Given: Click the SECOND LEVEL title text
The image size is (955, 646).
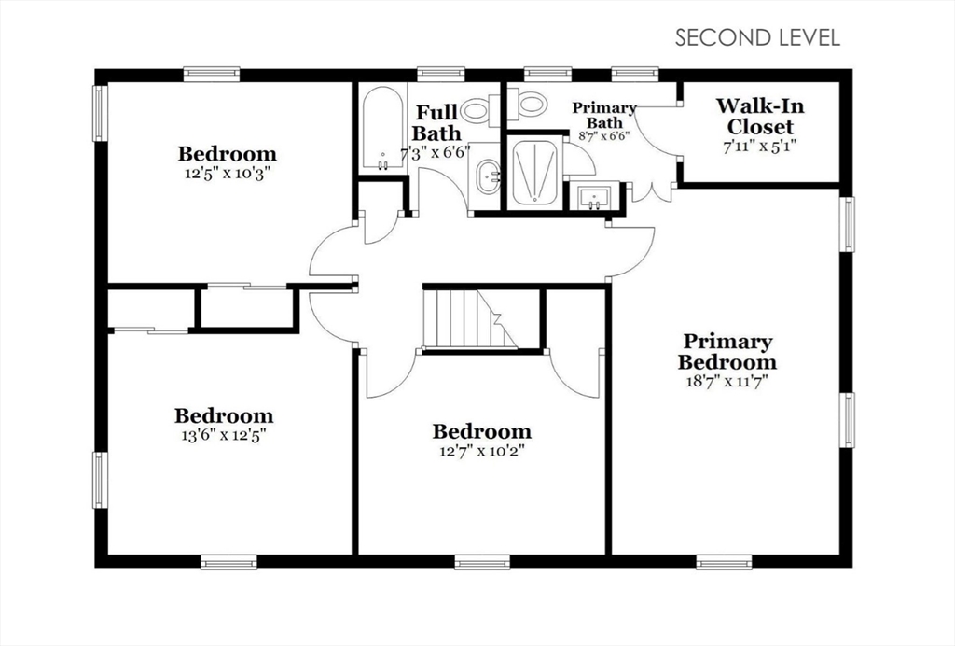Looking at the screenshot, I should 757,37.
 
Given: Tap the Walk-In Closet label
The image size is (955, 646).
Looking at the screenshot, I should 760,117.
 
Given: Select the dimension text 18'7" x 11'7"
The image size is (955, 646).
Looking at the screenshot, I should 727,381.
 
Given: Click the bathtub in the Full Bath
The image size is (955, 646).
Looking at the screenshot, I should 382,129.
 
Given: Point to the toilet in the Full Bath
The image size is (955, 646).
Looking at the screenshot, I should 477,112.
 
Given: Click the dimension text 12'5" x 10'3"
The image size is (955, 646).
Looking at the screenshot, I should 227,173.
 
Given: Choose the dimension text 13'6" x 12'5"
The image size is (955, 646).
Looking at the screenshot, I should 225,434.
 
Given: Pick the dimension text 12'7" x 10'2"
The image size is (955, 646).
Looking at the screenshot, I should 481,450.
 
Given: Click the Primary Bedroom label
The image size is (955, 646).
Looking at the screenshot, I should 727,352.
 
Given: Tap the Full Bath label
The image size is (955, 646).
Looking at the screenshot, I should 437,123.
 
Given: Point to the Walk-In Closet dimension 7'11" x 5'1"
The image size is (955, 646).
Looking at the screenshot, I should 760,147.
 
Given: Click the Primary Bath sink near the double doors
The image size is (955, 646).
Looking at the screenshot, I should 594,197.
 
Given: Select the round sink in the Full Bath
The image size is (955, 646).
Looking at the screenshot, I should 487,176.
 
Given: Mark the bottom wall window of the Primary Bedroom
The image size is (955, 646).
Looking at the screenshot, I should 724,562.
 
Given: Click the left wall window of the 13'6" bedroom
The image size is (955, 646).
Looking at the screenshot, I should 100,480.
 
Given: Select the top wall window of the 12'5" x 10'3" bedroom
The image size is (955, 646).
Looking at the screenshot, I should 211,74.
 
